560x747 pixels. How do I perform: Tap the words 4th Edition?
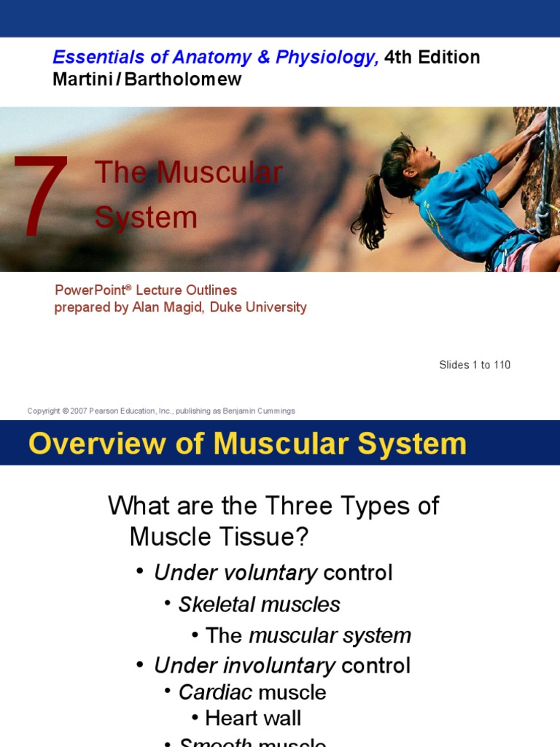(432, 58)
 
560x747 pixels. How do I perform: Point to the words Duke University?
(258, 307)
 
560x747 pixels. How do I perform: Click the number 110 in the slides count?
(502, 365)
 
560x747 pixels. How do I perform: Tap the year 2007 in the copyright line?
(79, 411)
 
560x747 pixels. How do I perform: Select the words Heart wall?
(253, 718)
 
